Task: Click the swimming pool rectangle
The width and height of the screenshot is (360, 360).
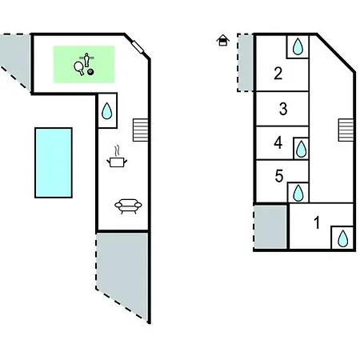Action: (54, 162)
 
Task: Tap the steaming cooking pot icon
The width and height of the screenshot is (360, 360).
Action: (117, 158)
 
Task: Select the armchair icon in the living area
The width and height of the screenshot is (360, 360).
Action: (128, 206)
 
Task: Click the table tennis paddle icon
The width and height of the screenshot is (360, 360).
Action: (79, 68)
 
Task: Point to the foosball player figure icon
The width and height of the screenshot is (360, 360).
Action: (86, 59)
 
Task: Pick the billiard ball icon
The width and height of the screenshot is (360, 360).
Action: (90, 72)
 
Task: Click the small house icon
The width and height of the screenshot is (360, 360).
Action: (223, 40)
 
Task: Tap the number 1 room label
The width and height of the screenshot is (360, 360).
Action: (317, 222)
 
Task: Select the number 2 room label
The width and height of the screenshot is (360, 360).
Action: (278, 74)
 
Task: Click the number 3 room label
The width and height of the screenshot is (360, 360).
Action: (283, 109)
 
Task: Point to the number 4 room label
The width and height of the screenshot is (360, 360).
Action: (278, 142)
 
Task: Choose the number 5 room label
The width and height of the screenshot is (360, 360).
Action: (279, 176)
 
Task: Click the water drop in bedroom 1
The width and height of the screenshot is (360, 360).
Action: (342, 238)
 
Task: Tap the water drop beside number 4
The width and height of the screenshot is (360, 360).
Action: (302, 149)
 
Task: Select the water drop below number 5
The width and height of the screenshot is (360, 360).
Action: (298, 193)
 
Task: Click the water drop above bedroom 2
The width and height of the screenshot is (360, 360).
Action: (298, 46)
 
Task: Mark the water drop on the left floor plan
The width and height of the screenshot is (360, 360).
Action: (107, 110)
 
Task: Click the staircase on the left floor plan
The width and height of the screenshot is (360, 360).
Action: (141, 130)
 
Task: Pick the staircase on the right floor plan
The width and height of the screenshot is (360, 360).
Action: (346, 130)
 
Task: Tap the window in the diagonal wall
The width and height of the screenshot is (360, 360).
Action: (138, 47)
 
